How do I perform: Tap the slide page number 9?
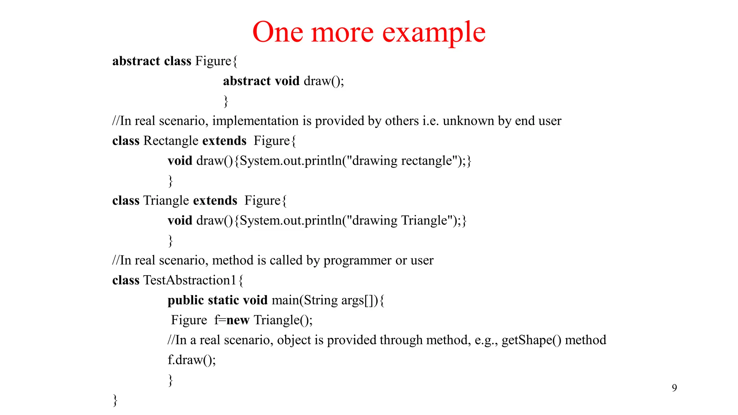tap(674, 388)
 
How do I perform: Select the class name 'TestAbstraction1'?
tap(190, 280)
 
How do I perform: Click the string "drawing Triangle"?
tap(404, 220)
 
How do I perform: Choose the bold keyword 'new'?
tap(238, 320)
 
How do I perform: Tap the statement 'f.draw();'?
tap(192, 360)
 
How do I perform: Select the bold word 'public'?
tap(186, 300)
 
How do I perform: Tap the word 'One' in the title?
tap(277, 32)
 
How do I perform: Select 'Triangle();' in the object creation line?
tap(283, 320)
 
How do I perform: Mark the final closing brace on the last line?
tap(115, 400)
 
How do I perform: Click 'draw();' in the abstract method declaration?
tap(324, 81)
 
